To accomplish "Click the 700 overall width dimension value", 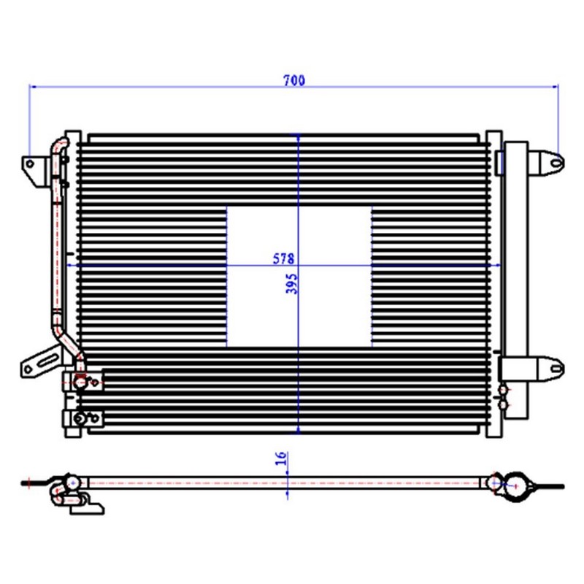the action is [294, 80].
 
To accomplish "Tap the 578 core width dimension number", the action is [283, 258].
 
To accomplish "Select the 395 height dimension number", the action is [291, 284].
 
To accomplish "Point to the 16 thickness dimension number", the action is [282, 458].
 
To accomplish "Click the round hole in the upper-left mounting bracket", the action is [30, 164].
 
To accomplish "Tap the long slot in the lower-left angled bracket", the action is [48, 361].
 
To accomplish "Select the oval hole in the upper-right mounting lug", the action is [556, 163].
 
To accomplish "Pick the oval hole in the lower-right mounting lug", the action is [556, 369].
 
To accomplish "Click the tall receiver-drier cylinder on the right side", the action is [516, 280].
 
